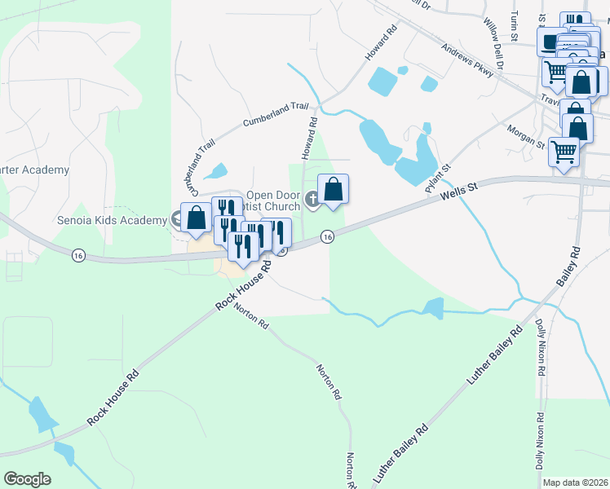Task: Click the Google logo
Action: [x=27, y=479]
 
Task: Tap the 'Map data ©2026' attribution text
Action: [x=575, y=482]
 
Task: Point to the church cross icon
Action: [x=312, y=199]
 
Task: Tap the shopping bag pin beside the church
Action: [x=333, y=189]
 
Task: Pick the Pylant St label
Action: [x=438, y=178]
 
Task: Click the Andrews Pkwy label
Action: [x=468, y=62]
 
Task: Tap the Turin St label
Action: [x=515, y=27]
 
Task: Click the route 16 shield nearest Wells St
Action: [x=326, y=236]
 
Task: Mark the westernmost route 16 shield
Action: [x=78, y=254]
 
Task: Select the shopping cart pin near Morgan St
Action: [x=564, y=151]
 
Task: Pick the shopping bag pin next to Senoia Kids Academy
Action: [x=196, y=218]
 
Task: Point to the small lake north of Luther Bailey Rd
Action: [x=433, y=308]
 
